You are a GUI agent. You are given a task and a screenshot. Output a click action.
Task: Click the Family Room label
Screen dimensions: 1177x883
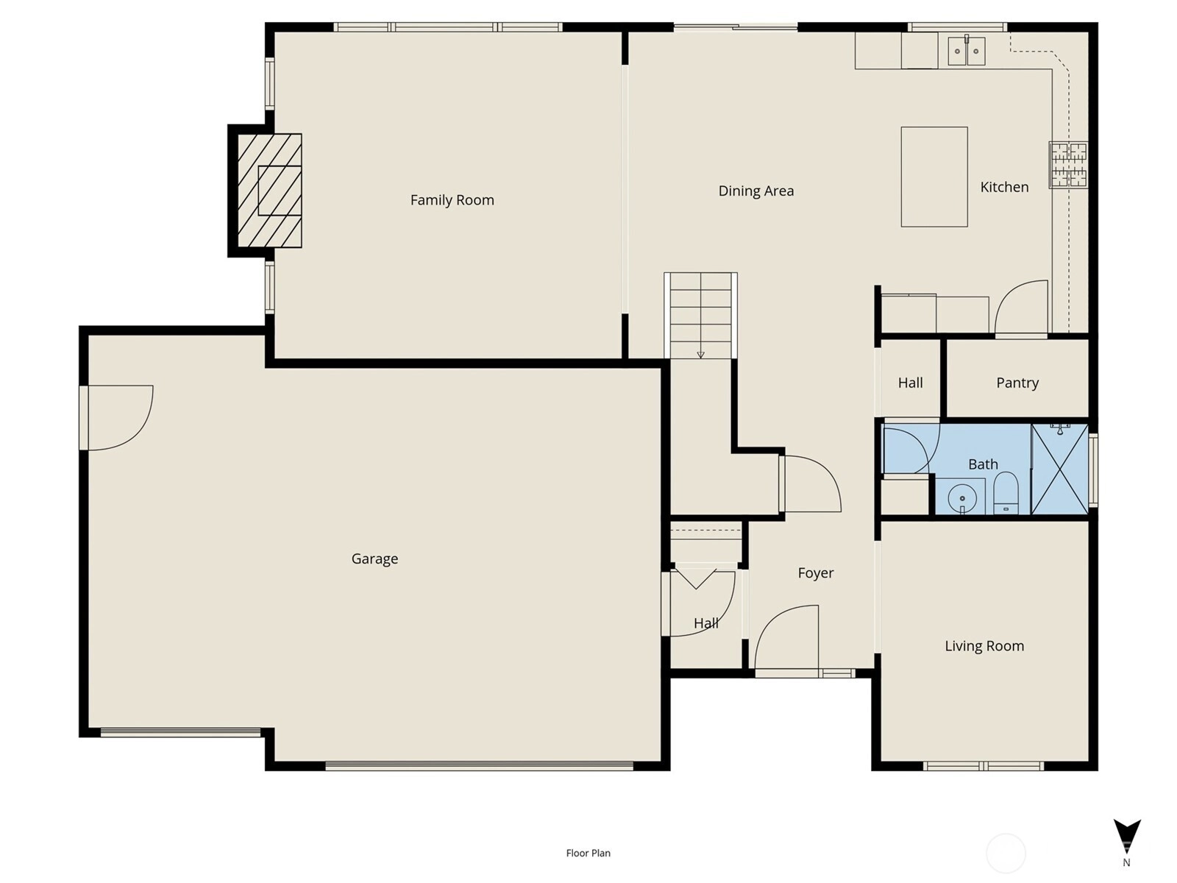pyautogui.click(x=452, y=200)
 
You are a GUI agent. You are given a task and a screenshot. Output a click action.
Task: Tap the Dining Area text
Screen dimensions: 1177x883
pyautogui.click(x=756, y=191)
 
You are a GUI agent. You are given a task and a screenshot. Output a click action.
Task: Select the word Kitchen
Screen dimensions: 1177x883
pyautogui.click(x=1004, y=187)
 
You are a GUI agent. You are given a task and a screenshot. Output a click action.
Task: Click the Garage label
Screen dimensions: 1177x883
pyautogui.click(x=375, y=558)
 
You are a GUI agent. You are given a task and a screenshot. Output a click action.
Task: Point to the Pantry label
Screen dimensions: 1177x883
pyautogui.click(x=1017, y=383)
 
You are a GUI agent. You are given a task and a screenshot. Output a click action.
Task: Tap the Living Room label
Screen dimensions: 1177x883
pyautogui.click(x=984, y=646)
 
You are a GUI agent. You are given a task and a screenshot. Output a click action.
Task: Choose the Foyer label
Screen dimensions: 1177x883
pyautogui.click(x=816, y=573)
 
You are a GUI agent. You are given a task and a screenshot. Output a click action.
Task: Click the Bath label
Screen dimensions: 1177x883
pyautogui.click(x=983, y=464)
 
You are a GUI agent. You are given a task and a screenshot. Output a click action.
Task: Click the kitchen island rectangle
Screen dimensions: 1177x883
pyautogui.click(x=934, y=177)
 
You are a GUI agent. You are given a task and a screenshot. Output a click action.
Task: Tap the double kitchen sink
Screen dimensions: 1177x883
pyautogui.click(x=967, y=51)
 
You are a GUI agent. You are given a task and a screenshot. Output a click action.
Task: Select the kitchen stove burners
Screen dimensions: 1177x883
pyautogui.click(x=1068, y=165)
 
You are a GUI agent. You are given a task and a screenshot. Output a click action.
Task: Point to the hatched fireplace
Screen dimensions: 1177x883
pyautogui.click(x=269, y=191)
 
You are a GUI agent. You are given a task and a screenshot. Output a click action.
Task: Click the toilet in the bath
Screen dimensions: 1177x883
pyautogui.click(x=1006, y=493)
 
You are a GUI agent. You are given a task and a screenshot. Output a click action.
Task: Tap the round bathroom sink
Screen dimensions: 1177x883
pyautogui.click(x=962, y=499)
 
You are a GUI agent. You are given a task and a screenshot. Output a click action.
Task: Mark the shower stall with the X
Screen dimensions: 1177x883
pyautogui.click(x=1059, y=469)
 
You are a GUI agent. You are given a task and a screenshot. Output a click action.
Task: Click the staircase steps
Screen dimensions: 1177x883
pyautogui.click(x=700, y=315)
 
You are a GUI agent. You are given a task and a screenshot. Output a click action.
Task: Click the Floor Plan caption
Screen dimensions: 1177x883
pyautogui.click(x=588, y=853)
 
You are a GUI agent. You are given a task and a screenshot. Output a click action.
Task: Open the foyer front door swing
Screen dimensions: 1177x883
pyautogui.click(x=786, y=638)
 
